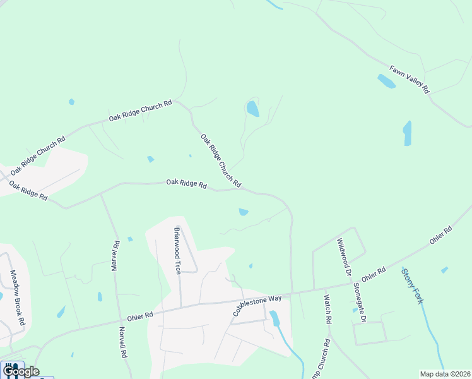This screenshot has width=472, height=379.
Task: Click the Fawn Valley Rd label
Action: click(409, 79)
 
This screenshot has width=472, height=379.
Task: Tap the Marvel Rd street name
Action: click(115, 256)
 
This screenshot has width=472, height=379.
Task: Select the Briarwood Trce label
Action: click(177, 250)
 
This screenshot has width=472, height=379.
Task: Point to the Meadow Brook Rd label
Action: click(17, 298)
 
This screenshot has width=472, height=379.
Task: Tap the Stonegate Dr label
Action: click(360, 303)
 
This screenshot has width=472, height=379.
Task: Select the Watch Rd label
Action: click(327, 309)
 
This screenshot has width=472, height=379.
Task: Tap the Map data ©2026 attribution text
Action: click(445, 374)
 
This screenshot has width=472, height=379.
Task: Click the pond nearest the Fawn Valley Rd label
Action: click(386, 81)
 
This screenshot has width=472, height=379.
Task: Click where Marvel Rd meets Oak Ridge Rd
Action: click(101, 194)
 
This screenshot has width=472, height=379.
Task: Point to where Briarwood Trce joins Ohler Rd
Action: click(180, 307)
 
